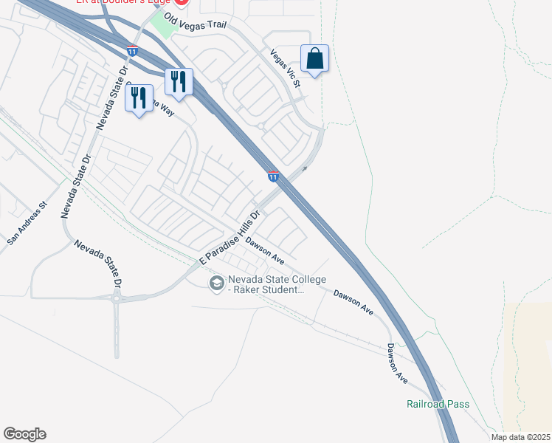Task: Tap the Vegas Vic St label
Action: click(286, 69)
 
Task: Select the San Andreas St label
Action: click(27, 223)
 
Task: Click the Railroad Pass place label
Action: click(438, 404)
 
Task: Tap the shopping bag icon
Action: click(314, 59)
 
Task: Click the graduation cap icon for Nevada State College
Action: click(217, 284)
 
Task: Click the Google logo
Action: click(24, 434)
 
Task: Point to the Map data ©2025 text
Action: click(520, 437)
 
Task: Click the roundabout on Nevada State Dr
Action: click(117, 298)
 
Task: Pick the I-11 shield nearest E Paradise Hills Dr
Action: click(273, 176)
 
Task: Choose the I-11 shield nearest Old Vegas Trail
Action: click(131, 50)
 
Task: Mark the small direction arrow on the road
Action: click(303, 169)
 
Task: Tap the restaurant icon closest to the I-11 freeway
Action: click(178, 81)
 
